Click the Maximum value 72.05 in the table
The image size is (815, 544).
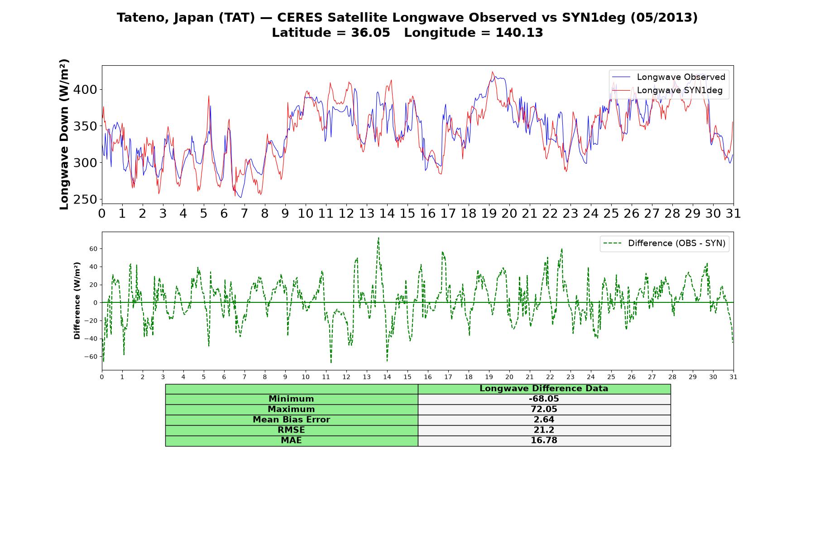coord(544,409)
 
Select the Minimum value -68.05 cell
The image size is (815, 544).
coord(544,399)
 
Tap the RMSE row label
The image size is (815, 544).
coord(291,430)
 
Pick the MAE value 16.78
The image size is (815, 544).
coord(544,441)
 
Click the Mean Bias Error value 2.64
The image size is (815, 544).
coord(544,420)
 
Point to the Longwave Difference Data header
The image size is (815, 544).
coord(544,389)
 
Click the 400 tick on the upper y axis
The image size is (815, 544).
coord(85,90)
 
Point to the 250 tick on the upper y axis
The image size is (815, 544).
coord(85,199)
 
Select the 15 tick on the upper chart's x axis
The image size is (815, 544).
coord(407,214)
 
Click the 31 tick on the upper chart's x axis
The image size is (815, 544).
coord(733,214)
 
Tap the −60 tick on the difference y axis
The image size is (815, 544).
coord(91,357)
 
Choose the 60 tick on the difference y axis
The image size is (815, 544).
coord(93,249)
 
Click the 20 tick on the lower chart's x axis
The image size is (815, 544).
coord(509,377)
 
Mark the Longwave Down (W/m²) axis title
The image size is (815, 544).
coord(64,134)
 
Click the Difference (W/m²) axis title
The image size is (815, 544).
coord(77,301)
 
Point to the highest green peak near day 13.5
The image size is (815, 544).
coord(379,238)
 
